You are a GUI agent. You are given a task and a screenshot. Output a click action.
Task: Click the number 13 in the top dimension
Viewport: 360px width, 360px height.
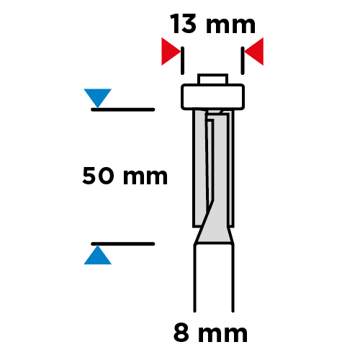183,24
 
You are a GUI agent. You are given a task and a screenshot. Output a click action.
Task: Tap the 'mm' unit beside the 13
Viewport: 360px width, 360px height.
230,26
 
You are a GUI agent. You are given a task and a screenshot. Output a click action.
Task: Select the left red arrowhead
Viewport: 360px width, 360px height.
171,51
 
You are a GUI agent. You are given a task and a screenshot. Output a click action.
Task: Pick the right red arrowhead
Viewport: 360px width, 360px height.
254,51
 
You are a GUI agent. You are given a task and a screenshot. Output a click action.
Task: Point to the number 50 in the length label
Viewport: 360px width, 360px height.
98,176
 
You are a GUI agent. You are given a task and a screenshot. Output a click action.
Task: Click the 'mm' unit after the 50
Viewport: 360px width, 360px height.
145,177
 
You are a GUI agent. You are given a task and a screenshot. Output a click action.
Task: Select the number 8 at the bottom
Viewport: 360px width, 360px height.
181,333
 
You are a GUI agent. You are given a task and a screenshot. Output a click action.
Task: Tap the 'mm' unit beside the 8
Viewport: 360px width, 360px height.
222,335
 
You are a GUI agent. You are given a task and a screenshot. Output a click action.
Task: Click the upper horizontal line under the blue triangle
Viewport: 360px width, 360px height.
123,109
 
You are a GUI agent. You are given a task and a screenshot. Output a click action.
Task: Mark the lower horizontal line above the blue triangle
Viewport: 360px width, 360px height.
123,244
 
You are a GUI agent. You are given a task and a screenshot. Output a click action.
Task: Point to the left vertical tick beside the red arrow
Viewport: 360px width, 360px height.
182,60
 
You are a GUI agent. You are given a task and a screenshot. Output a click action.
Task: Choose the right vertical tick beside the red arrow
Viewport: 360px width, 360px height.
243,60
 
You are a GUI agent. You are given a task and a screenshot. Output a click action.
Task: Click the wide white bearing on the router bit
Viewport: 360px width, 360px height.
212,96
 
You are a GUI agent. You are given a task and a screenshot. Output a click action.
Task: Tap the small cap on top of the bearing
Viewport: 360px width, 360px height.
212,79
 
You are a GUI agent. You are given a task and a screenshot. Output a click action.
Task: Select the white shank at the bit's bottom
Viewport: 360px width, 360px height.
214,279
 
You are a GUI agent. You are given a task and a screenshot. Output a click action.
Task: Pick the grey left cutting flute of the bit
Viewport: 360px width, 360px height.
200,168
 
